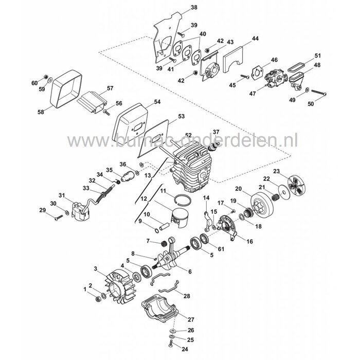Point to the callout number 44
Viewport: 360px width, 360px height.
(256, 39)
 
